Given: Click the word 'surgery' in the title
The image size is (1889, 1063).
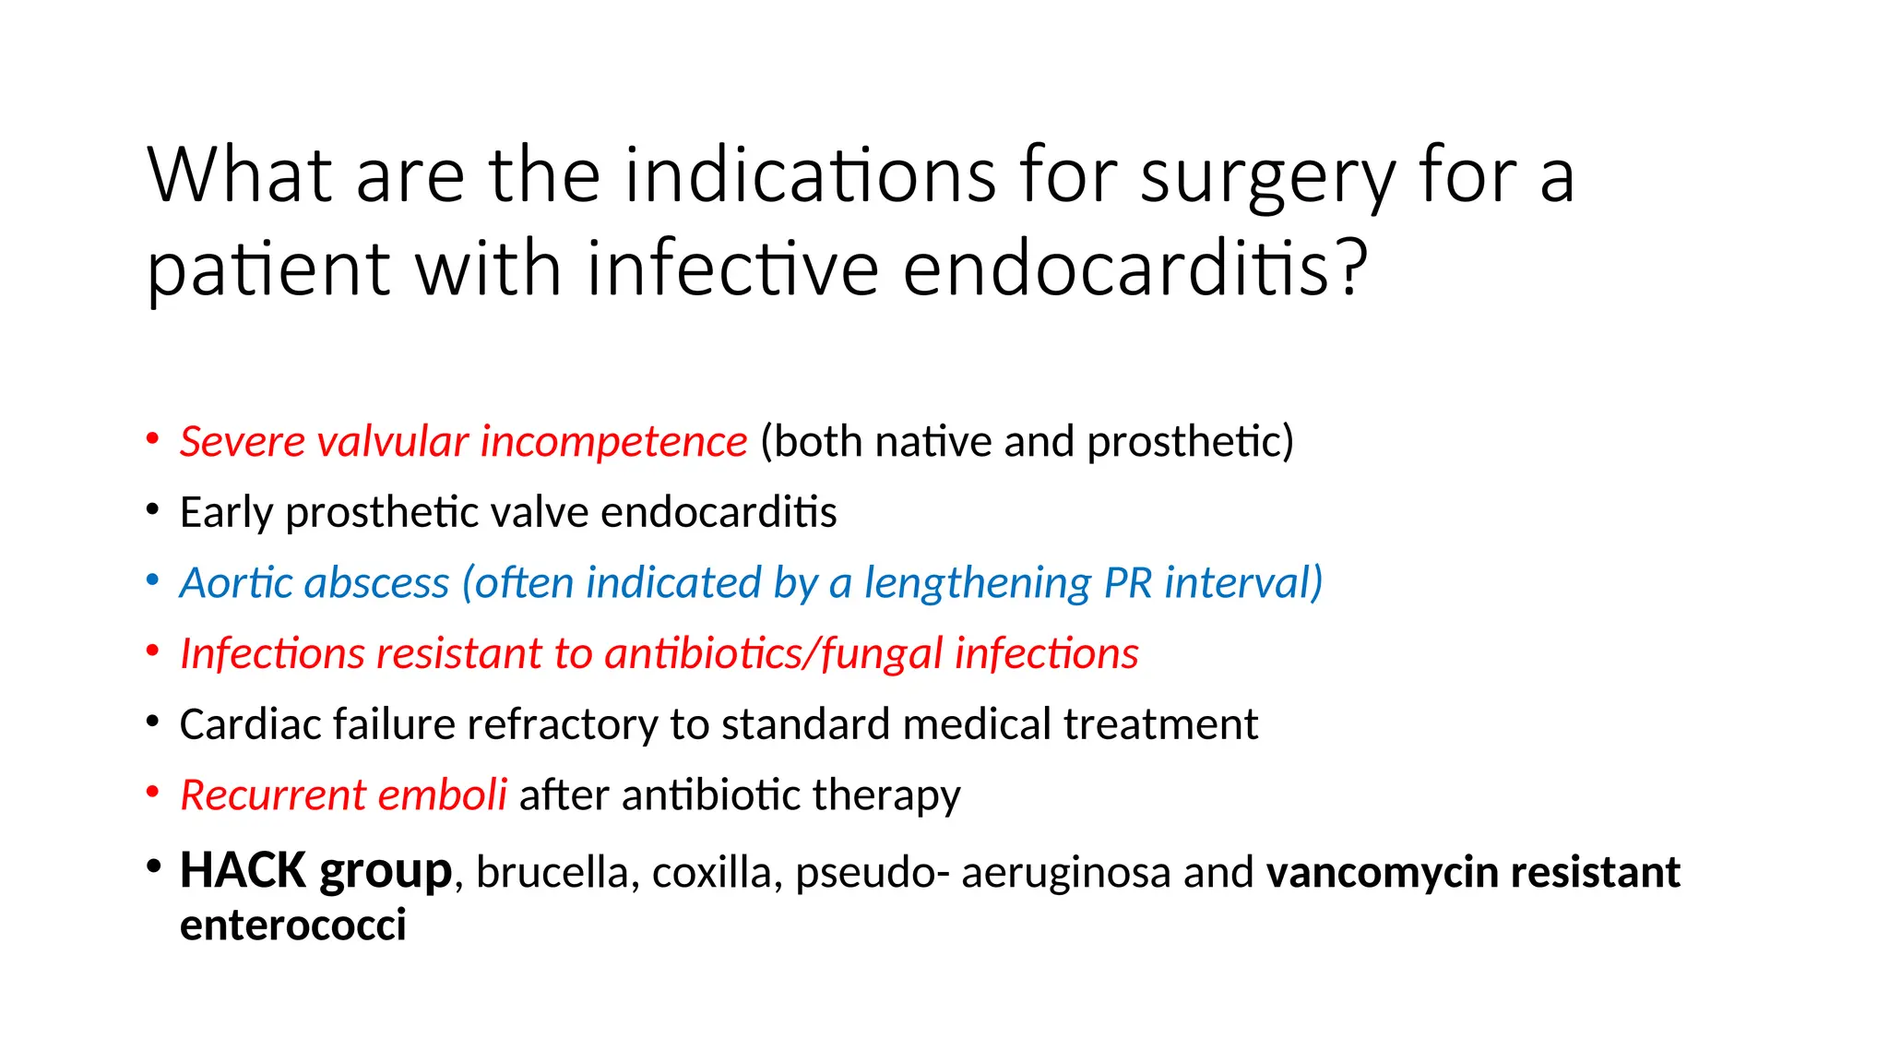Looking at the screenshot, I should click(x=1267, y=177).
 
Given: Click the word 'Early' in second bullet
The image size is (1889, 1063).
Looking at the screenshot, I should click(x=227, y=512).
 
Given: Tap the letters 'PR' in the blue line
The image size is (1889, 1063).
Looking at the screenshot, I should click(x=1127, y=583).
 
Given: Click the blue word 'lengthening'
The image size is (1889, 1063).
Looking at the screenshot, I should click(x=978, y=583).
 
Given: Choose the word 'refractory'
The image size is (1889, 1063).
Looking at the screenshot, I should click(x=562, y=724).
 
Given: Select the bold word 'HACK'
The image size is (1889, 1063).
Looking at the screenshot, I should click(x=243, y=871).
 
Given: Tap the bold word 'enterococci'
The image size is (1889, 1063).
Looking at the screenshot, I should click(x=293, y=926).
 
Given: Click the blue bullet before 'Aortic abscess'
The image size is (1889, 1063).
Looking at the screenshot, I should click(x=153, y=580).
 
